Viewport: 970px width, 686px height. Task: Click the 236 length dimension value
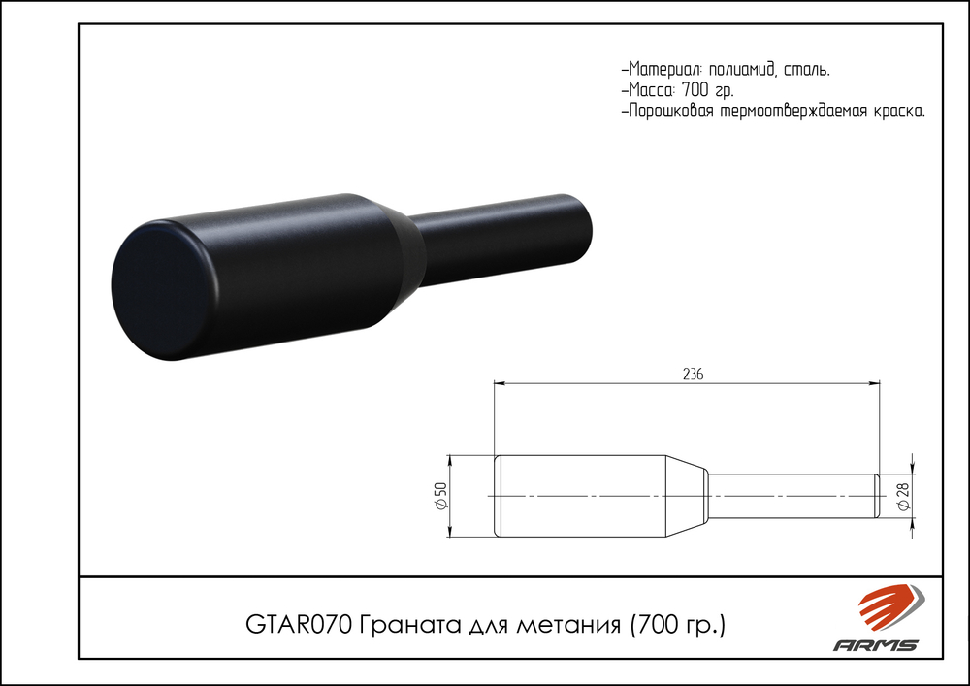coord(692,374)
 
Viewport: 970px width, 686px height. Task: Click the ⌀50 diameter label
coord(439,496)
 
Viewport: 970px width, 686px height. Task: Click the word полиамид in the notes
coord(741,70)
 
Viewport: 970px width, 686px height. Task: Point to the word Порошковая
coord(671,112)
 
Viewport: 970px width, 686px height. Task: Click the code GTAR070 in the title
coord(299,622)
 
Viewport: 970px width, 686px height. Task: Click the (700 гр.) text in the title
coord(678,622)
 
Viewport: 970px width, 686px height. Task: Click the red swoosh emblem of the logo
coord(886,608)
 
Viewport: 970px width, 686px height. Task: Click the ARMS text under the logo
coord(876,645)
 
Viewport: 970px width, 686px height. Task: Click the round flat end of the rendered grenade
coord(155,289)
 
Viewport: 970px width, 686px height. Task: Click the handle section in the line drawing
coord(791,496)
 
